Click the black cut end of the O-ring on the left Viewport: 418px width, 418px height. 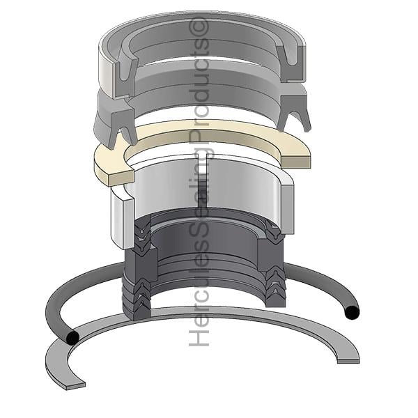[72, 338]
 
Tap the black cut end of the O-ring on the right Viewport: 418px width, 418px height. [352, 312]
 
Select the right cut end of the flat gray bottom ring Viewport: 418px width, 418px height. [348, 360]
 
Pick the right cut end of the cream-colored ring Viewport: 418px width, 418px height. [296, 162]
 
